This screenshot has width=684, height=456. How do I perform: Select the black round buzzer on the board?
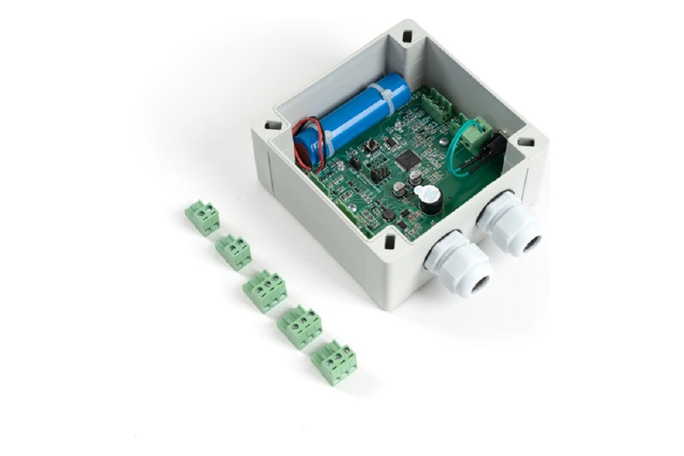[430, 199]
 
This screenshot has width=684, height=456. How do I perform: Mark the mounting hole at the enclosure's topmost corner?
[408, 36]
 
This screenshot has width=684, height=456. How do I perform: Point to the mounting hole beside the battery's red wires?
[272, 126]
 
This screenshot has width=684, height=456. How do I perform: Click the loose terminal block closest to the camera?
[334, 362]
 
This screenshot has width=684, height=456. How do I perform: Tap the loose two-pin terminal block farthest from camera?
[202, 217]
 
